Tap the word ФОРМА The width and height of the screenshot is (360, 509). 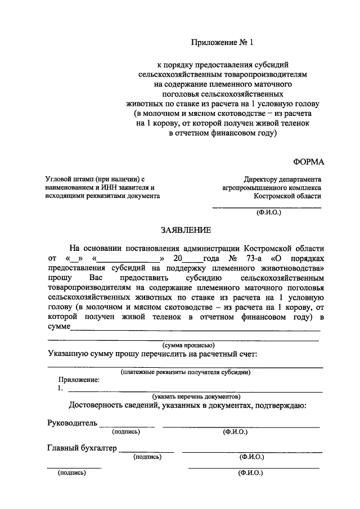tap(308, 162)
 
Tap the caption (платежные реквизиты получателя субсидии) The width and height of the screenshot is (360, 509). tap(186, 372)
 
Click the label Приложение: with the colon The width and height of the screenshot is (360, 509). tap(78, 380)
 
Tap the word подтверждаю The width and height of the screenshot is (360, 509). tap(278, 406)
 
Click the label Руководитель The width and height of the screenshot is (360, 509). tap(72, 423)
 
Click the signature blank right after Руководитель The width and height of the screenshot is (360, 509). tap(127, 425)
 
